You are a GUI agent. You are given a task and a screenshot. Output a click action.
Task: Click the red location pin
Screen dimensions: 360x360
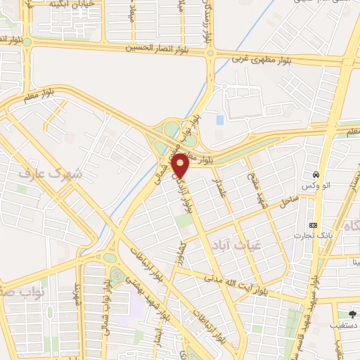[181, 165]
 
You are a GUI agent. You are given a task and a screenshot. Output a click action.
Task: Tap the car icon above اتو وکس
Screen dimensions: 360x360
[317, 174]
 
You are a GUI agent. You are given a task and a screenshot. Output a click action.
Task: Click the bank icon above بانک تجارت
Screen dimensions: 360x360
[313, 226]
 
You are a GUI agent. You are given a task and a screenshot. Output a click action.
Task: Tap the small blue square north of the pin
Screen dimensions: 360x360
[220, 120]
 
